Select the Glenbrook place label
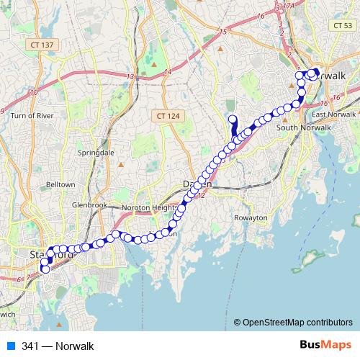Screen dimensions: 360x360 (89, 205)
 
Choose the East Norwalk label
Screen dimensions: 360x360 (336, 114)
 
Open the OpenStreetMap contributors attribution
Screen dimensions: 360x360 (298, 323)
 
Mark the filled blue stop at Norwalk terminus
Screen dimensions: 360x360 (315, 72)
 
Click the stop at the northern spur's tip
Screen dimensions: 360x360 (232, 120)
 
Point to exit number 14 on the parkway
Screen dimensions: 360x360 (168, 72)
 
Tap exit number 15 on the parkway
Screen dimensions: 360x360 (222, 32)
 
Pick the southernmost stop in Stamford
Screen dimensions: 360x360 (45, 270)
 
